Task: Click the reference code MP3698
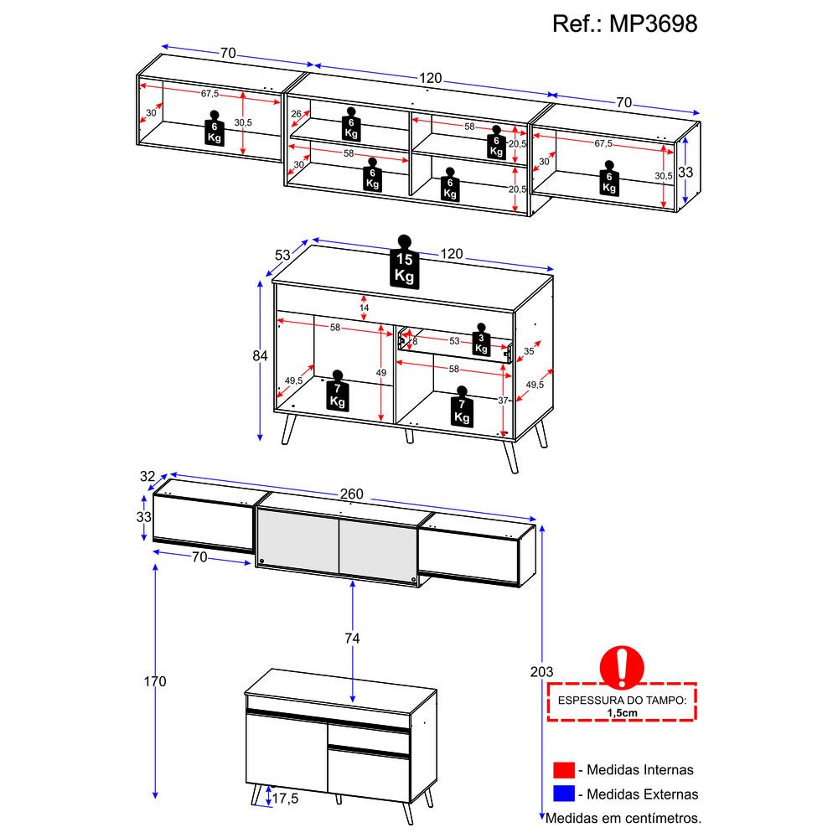(653, 24)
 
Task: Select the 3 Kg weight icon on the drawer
(481, 339)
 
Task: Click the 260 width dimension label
(352, 494)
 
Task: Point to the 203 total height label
(541, 672)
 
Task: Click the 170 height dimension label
(155, 681)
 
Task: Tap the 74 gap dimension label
(352, 638)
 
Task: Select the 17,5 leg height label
(285, 799)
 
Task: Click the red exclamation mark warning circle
(622, 667)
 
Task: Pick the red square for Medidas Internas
(564, 770)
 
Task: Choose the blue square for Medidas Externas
(564, 794)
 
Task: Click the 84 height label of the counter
(260, 355)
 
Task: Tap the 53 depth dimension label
(282, 256)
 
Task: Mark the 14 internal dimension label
(364, 308)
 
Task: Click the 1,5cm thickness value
(622, 713)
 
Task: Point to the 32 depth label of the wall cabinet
(147, 476)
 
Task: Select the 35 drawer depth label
(529, 351)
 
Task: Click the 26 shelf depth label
(296, 114)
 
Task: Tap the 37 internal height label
(503, 401)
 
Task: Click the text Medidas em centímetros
(623, 818)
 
